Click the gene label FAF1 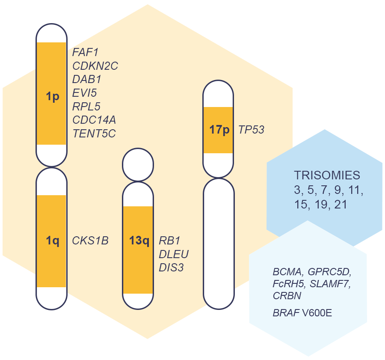coord(86,53)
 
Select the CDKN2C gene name coord(95,66)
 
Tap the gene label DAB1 coord(87,79)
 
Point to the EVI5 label coord(85,93)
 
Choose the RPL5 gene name coord(86,106)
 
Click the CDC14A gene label coord(94,119)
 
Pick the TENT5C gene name coord(94,133)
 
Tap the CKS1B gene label coord(90,241)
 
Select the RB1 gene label coord(167,241)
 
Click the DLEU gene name coord(173,254)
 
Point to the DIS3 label coord(171,268)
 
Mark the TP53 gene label coord(251,130)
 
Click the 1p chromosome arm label coord(52,97)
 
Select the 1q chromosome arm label coord(52,241)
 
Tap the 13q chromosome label coord(139,241)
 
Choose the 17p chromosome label coord(219,130)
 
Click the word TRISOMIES coord(327,175)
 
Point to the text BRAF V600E coord(302,313)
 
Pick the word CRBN coord(287,296)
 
